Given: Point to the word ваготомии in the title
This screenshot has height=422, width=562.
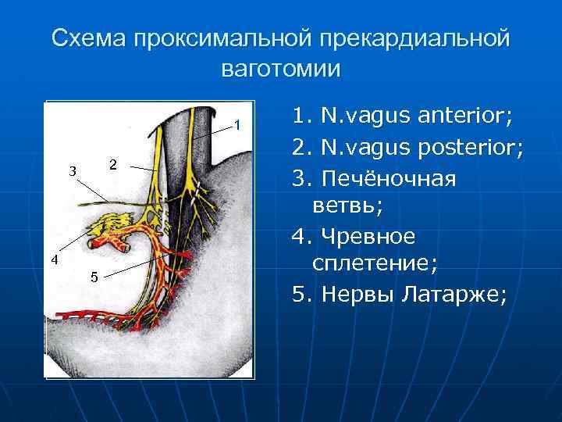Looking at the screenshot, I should (281, 68).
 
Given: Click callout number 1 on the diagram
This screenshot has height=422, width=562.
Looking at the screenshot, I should (240, 126).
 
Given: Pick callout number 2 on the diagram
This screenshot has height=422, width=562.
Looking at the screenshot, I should (113, 165).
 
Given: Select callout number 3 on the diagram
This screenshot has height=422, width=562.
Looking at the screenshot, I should (73, 172).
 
